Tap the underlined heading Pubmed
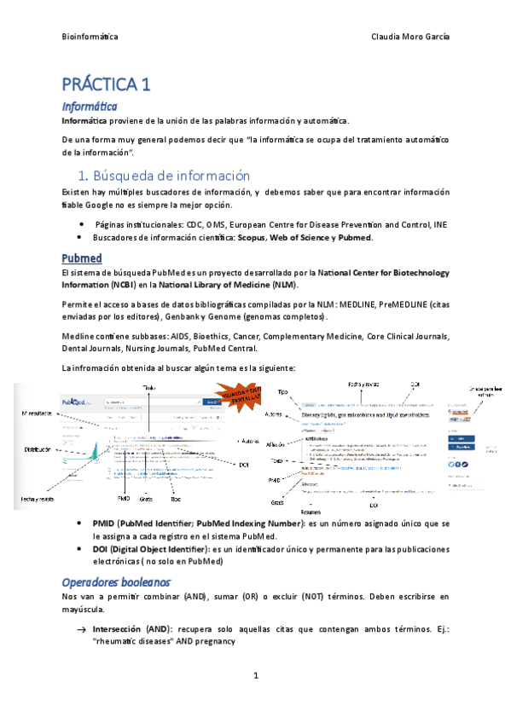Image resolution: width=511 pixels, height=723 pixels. pos(82,257)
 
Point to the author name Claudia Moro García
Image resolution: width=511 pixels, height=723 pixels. pos(411,38)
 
